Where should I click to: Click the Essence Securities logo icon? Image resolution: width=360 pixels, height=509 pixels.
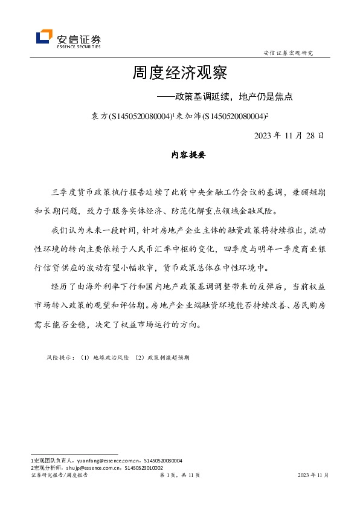tap(43, 37)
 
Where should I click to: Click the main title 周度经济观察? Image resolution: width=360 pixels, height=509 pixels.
tap(179, 74)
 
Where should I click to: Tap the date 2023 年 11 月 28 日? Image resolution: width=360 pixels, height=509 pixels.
tap(289, 135)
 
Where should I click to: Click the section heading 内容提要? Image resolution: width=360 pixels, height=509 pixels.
tap(189, 155)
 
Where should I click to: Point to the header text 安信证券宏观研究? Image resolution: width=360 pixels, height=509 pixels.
tap(289, 53)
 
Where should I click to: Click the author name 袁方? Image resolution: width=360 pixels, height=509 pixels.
tap(97, 115)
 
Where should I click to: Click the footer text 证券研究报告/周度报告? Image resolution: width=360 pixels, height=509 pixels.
tap(59, 476)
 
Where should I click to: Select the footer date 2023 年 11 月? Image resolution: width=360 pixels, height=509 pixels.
tap(313, 476)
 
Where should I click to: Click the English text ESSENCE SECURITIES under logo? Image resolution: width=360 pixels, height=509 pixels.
tap(79, 45)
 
